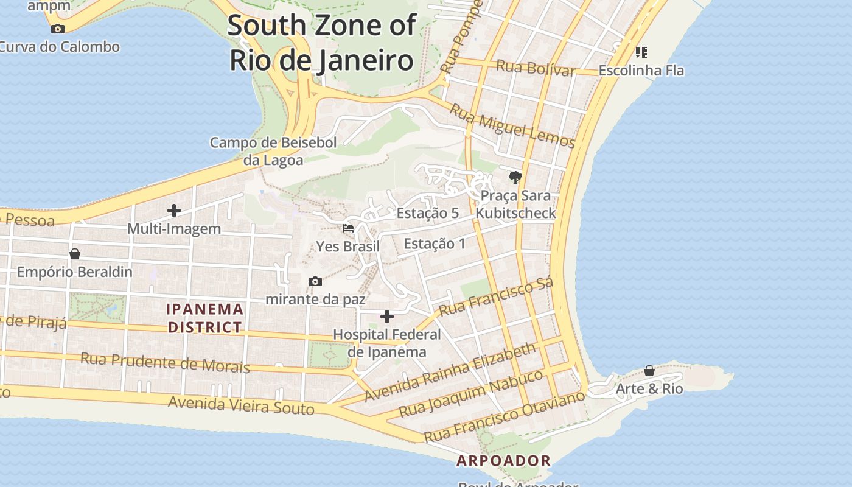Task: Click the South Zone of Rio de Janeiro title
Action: [x=322, y=43]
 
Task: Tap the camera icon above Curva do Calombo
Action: [x=58, y=29]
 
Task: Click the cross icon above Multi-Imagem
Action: [x=174, y=211]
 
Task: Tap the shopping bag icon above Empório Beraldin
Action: [x=75, y=254]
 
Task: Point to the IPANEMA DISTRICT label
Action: [x=205, y=318]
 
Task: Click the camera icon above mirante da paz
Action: [x=315, y=281]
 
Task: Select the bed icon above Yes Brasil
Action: [x=348, y=228]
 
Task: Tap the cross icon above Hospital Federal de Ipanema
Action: [x=386, y=317]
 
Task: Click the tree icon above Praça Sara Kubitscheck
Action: [x=515, y=178]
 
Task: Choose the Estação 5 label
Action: [x=427, y=213]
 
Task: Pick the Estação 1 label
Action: [x=435, y=243]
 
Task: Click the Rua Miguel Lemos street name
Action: [x=512, y=126]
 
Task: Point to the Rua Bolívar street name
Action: [x=536, y=68]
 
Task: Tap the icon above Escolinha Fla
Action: [x=641, y=52]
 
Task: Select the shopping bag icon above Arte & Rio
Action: [x=649, y=371]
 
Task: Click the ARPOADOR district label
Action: [x=504, y=461]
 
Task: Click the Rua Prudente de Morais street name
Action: [x=165, y=362]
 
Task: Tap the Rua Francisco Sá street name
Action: [x=496, y=297]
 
